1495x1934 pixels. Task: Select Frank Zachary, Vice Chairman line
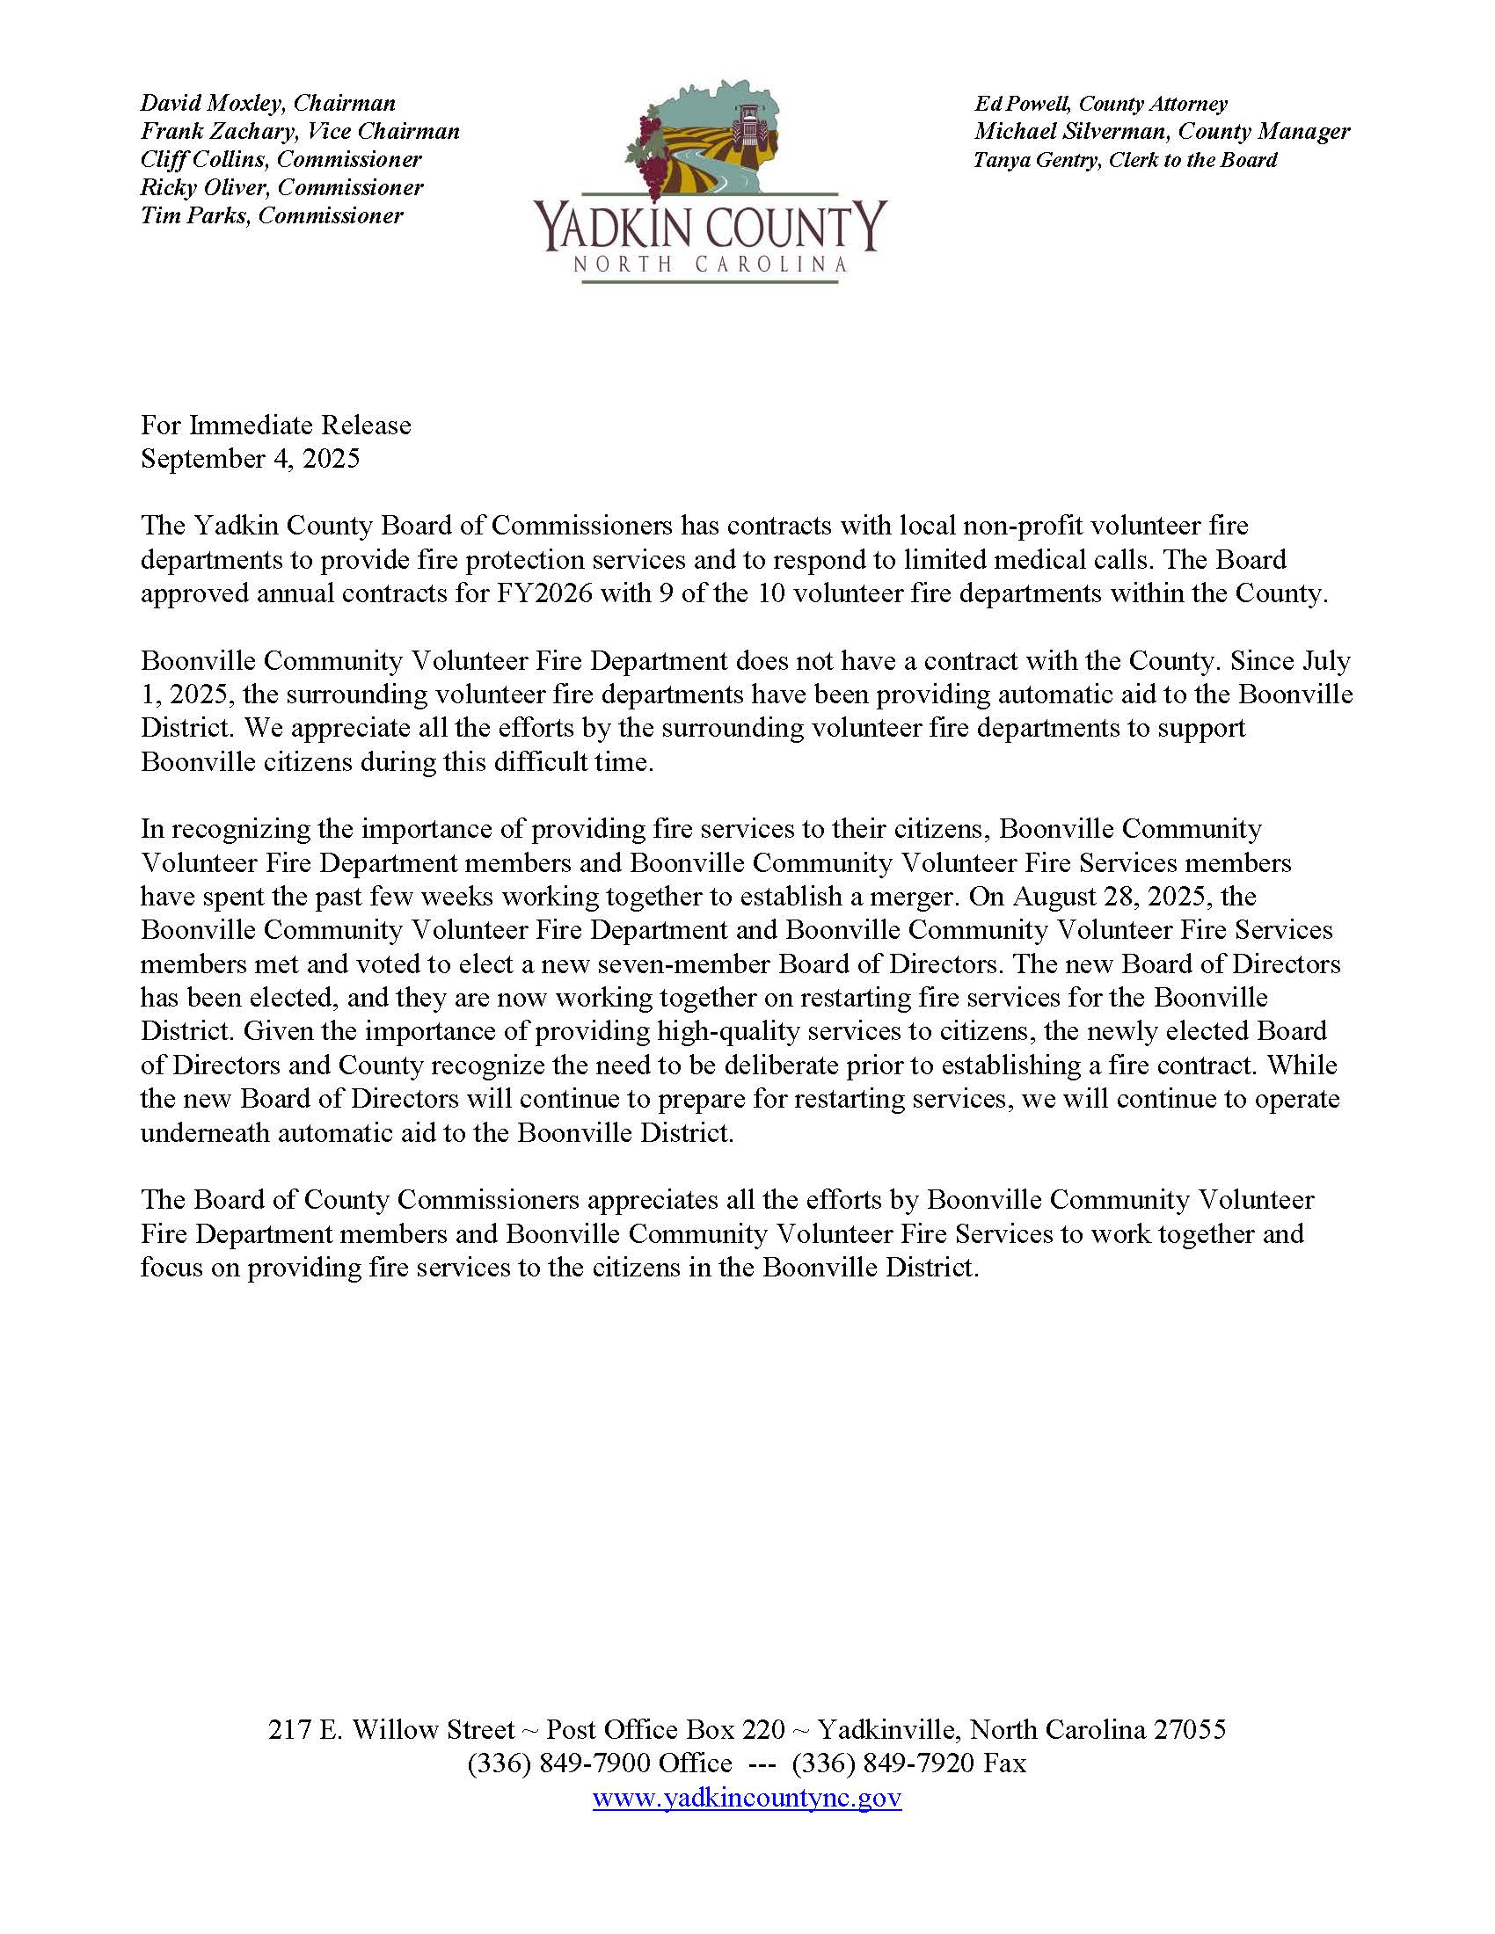click(300, 132)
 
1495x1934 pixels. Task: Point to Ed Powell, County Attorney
click(1100, 104)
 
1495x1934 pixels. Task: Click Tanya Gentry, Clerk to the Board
click(1125, 160)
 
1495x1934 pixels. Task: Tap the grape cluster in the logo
click(652, 159)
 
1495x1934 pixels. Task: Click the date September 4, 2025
click(250, 459)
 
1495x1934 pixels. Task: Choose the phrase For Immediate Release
click(275, 425)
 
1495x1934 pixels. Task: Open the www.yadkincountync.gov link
click(747, 1798)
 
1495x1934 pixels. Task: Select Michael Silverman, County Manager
click(1162, 132)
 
